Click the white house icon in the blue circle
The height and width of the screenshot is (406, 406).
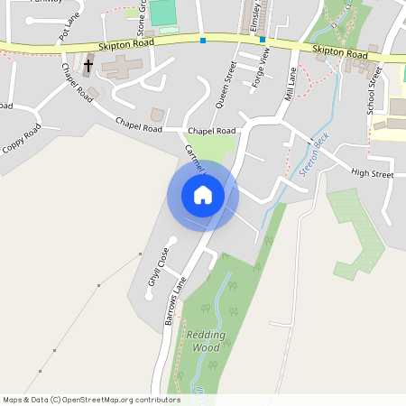[203, 195]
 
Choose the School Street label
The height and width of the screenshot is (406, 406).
[371, 92]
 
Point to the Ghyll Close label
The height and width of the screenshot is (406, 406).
[158, 272]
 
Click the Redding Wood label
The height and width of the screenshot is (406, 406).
[203, 340]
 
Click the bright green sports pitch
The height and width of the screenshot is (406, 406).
[162, 13]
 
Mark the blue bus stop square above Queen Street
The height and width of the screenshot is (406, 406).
[203, 40]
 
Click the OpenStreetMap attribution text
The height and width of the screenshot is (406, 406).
[91, 399]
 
